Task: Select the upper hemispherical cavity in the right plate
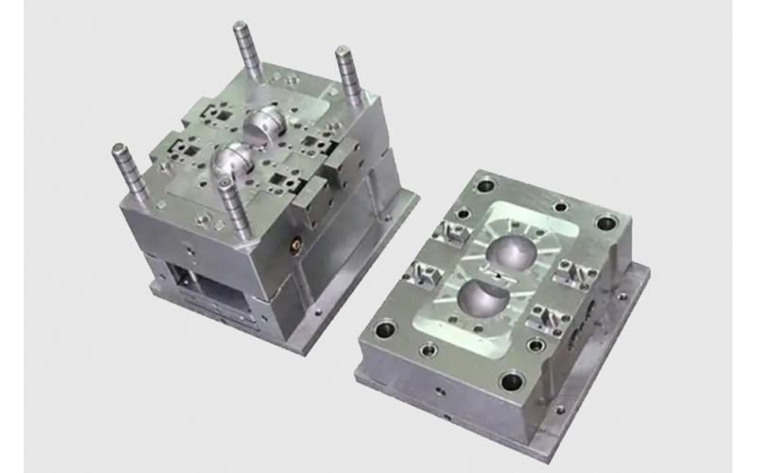(x=510, y=250)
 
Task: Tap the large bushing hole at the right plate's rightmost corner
(x=605, y=224)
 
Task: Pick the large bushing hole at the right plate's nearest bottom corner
(x=511, y=382)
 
